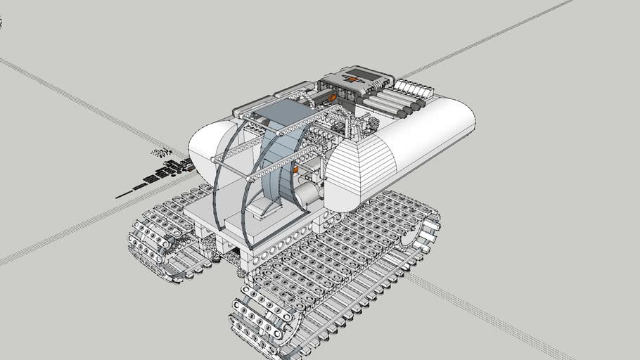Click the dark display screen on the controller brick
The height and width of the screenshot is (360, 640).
point(364,73)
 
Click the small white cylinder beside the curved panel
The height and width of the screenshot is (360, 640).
point(307,194)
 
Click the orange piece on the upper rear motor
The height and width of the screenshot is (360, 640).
point(330,98)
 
